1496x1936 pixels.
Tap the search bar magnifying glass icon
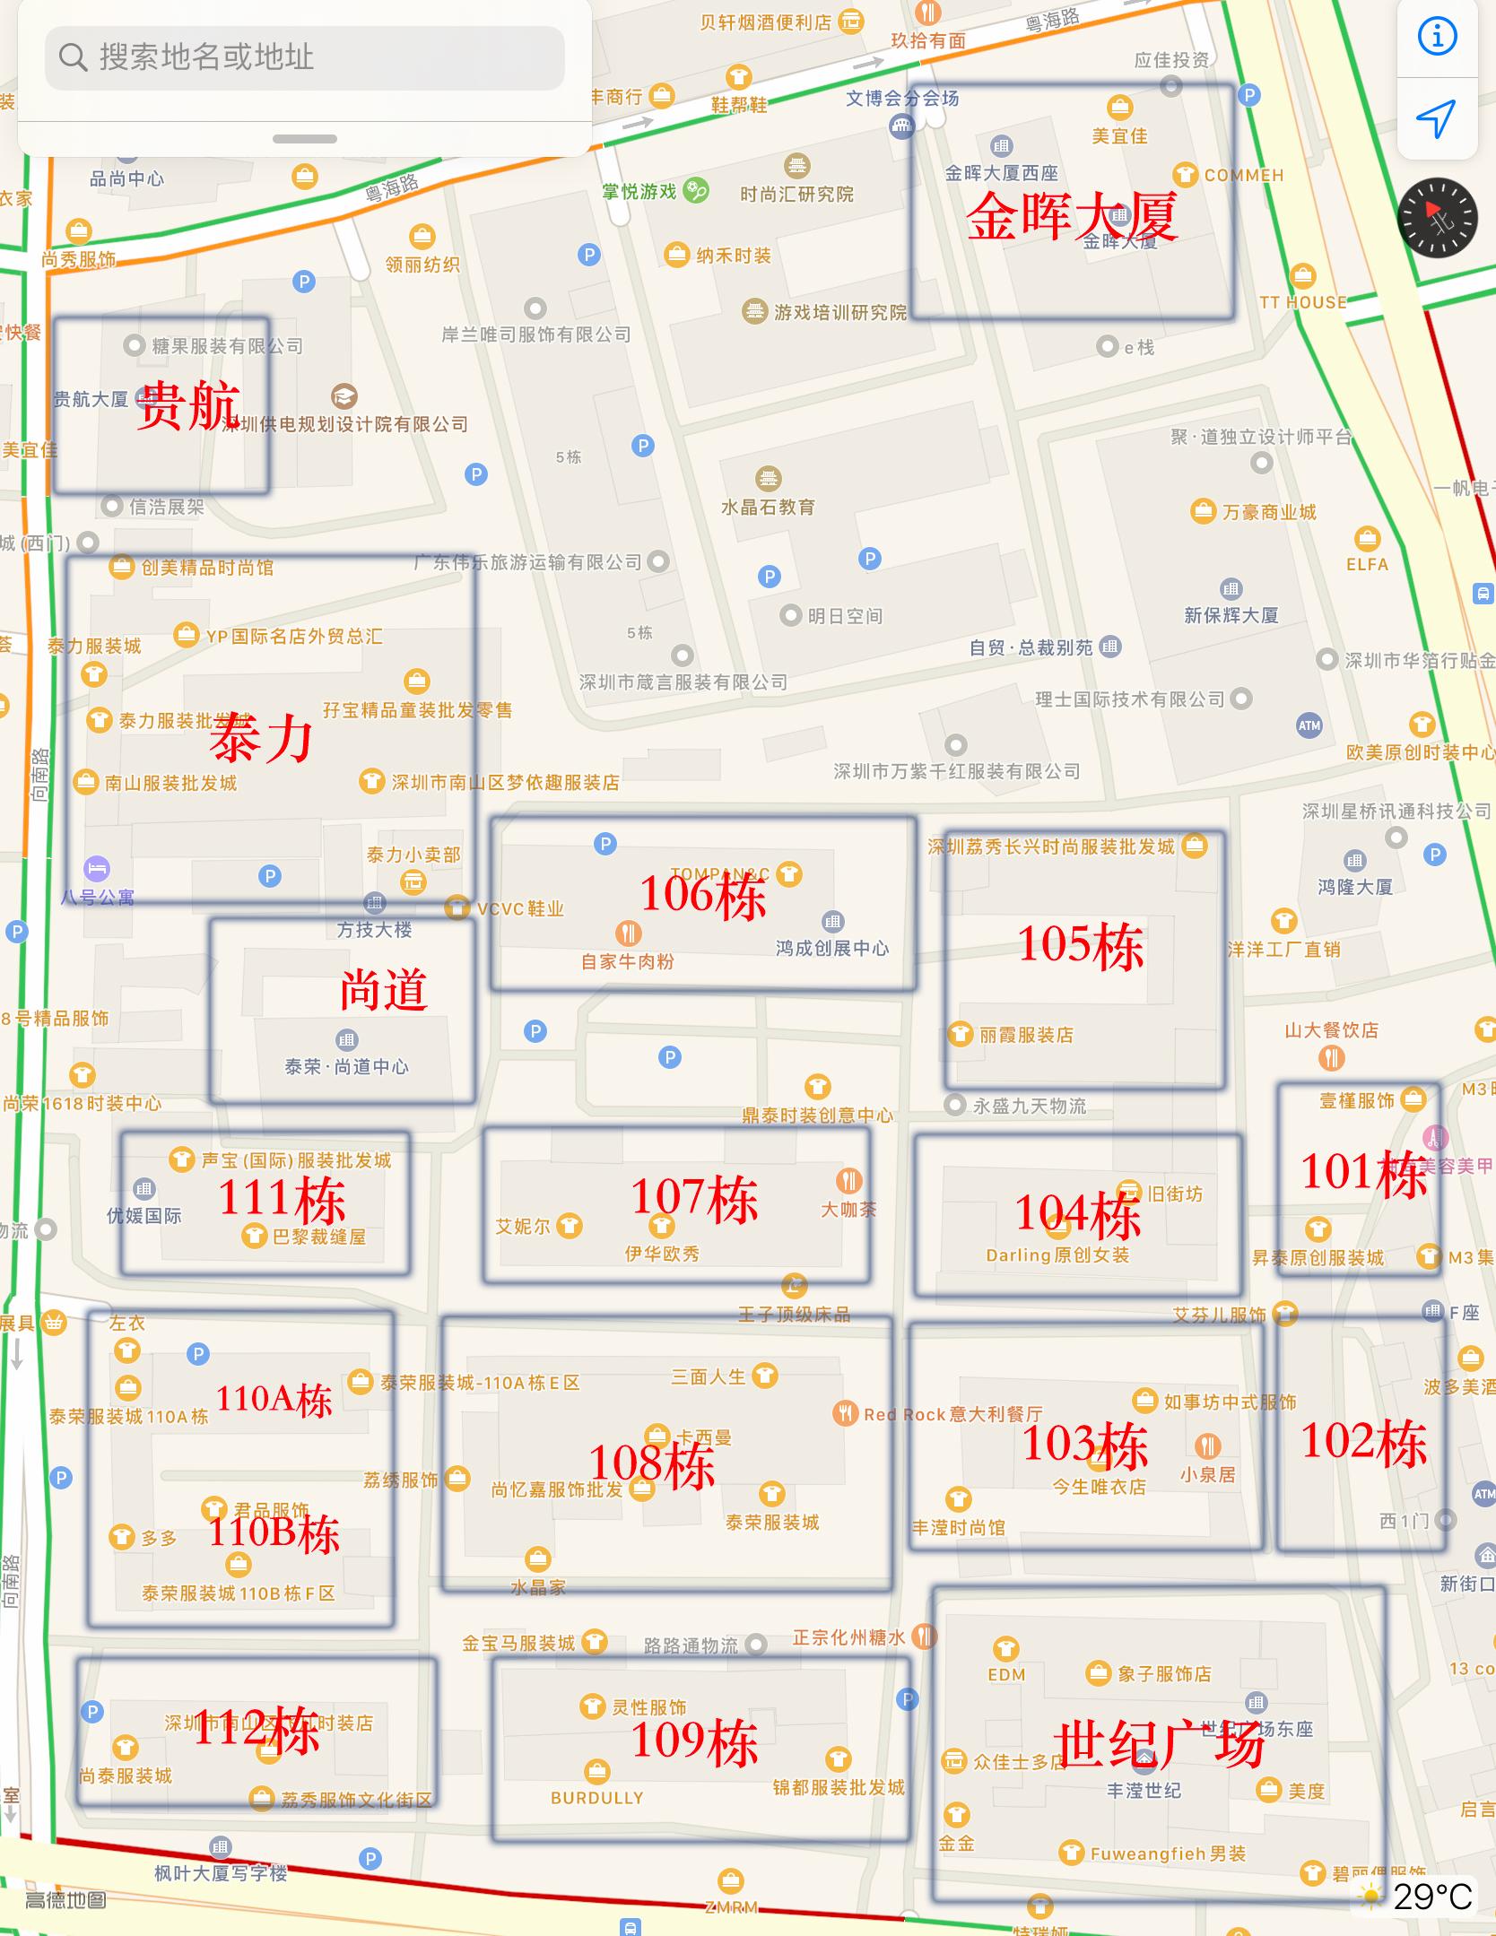click(73, 57)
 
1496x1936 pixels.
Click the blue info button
click(1437, 37)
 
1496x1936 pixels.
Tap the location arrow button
click(1436, 119)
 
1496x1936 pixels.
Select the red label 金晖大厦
click(1071, 216)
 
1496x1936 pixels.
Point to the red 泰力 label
click(261, 738)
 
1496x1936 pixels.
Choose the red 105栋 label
click(1081, 945)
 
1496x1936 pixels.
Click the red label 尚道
click(383, 990)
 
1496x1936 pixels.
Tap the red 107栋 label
click(695, 1198)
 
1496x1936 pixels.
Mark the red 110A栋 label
click(274, 1400)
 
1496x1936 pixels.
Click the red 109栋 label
click(695, 1741)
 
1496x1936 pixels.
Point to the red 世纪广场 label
click(1159, 1743)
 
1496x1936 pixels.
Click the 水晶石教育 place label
click(769, 507)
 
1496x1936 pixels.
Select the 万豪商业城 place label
click(1268, 512)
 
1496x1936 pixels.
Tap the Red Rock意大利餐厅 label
click(952, 1414)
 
